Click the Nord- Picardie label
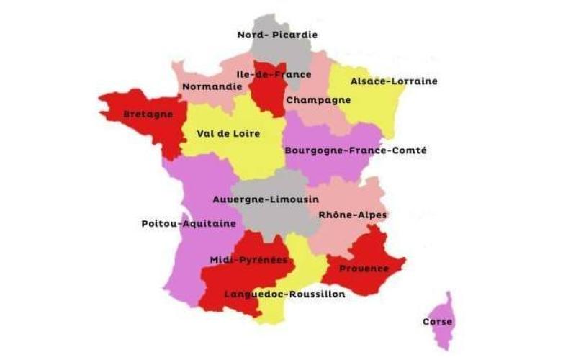click(277, 35)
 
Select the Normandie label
click(212, 87)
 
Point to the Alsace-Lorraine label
click(393, 81)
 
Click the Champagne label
click(318, 100)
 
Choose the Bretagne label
click(148, 114)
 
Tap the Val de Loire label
click(228, 134)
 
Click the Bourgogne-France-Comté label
click(356, 151)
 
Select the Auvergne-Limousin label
click(266, 199)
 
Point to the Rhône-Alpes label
click(352, 215)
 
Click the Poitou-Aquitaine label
click(189, 224)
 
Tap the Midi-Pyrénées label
click(249, 259)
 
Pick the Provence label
click(364, 269)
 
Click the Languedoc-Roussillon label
click(284, 294)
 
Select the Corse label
click(438, 322)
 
